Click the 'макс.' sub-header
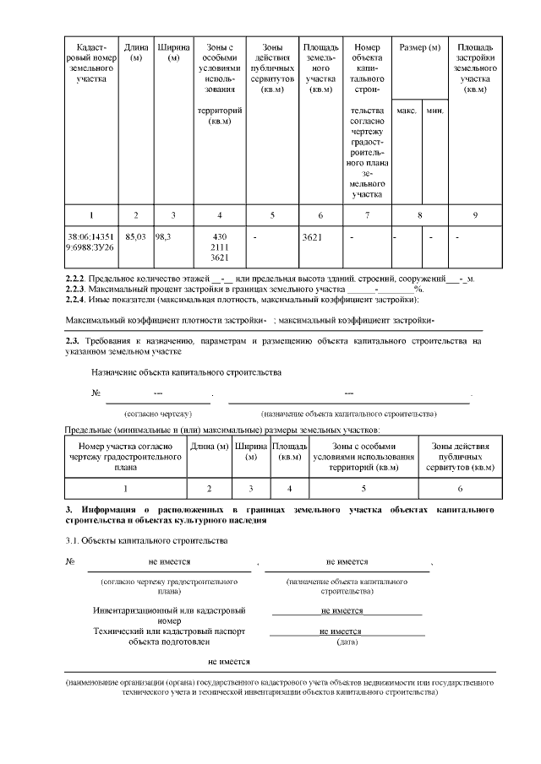(x=407, y=111)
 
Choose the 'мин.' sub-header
(x=434, y=111)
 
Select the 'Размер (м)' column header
(x=420, y=47)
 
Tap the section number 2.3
(x=72, y=341)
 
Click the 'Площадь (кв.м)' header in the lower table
(x=290, y=452)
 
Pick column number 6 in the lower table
(x=460, y=488)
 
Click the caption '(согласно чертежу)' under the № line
(x=158, y=414)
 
